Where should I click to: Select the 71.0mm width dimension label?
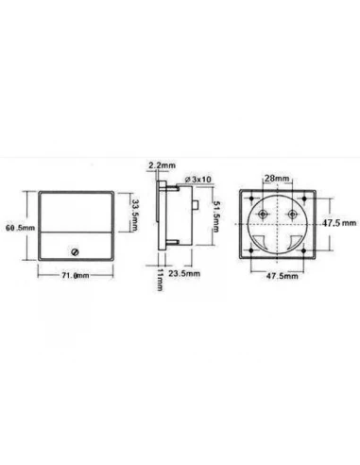(x=76, y=275)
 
